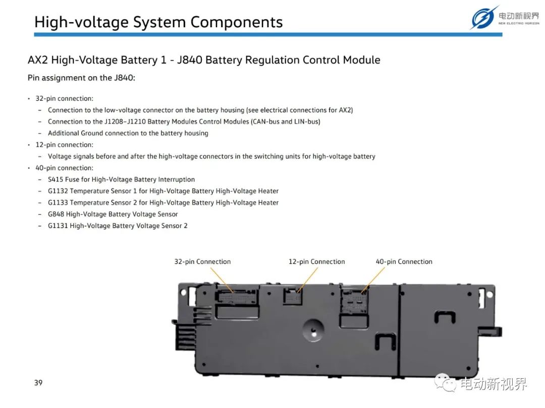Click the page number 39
38,383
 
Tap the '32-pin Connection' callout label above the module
202,261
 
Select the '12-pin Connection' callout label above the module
316,261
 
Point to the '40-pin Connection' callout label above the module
404,261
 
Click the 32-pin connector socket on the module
236,297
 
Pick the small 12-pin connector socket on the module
293,296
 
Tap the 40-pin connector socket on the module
354,302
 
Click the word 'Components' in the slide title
236,22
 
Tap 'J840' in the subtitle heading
189,60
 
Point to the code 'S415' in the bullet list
56,180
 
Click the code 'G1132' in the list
58,191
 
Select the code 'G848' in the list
56,214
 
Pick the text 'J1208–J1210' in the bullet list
125,122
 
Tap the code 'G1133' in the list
58,202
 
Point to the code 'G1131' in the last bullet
58,226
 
